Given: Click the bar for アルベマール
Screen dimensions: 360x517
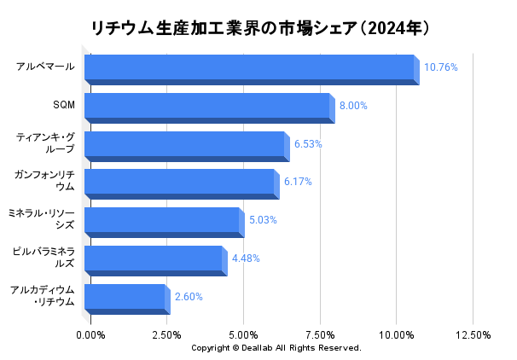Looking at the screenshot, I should pos(249,68).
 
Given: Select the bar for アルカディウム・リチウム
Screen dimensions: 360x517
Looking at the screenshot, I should pos(125,298).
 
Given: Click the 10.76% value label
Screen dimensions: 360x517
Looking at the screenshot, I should pos(441,67).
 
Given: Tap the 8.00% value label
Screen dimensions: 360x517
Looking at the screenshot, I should pos(353,106).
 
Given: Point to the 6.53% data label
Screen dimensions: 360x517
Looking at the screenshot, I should pos(308,144).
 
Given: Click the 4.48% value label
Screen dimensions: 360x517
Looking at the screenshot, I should pos(246,258).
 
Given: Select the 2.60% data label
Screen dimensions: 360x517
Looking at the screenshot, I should pos(189,297).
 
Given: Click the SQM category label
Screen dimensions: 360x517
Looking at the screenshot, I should pos(63,105).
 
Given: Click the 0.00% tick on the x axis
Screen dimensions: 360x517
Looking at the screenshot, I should pos(90,335).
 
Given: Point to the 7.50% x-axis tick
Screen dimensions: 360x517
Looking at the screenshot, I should pos(320,335).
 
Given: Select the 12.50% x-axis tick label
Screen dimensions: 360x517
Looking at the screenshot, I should pos(473,335).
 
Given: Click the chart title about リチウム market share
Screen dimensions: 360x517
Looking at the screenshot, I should pos(258,27).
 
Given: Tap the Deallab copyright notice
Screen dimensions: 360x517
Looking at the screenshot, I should pos(276,348).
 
